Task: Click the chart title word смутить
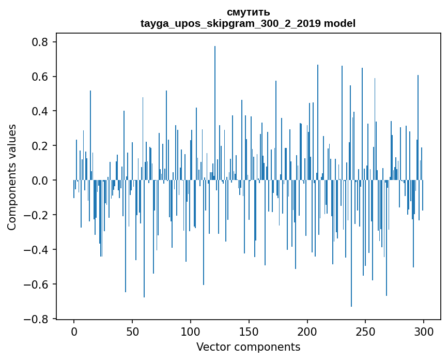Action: tap(248, 12)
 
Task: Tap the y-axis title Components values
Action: tap(12, 177)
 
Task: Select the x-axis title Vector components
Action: tap(248, 347)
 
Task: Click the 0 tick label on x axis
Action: tap(74, 331)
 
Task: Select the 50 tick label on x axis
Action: tap(132, 331)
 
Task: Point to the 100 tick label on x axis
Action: tap(191, 331)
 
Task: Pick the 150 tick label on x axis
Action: tap(249, 331)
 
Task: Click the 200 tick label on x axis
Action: tap(307, 331)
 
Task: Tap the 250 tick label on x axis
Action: tap(365, 331)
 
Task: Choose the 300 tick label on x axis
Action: tap(424, 331)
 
